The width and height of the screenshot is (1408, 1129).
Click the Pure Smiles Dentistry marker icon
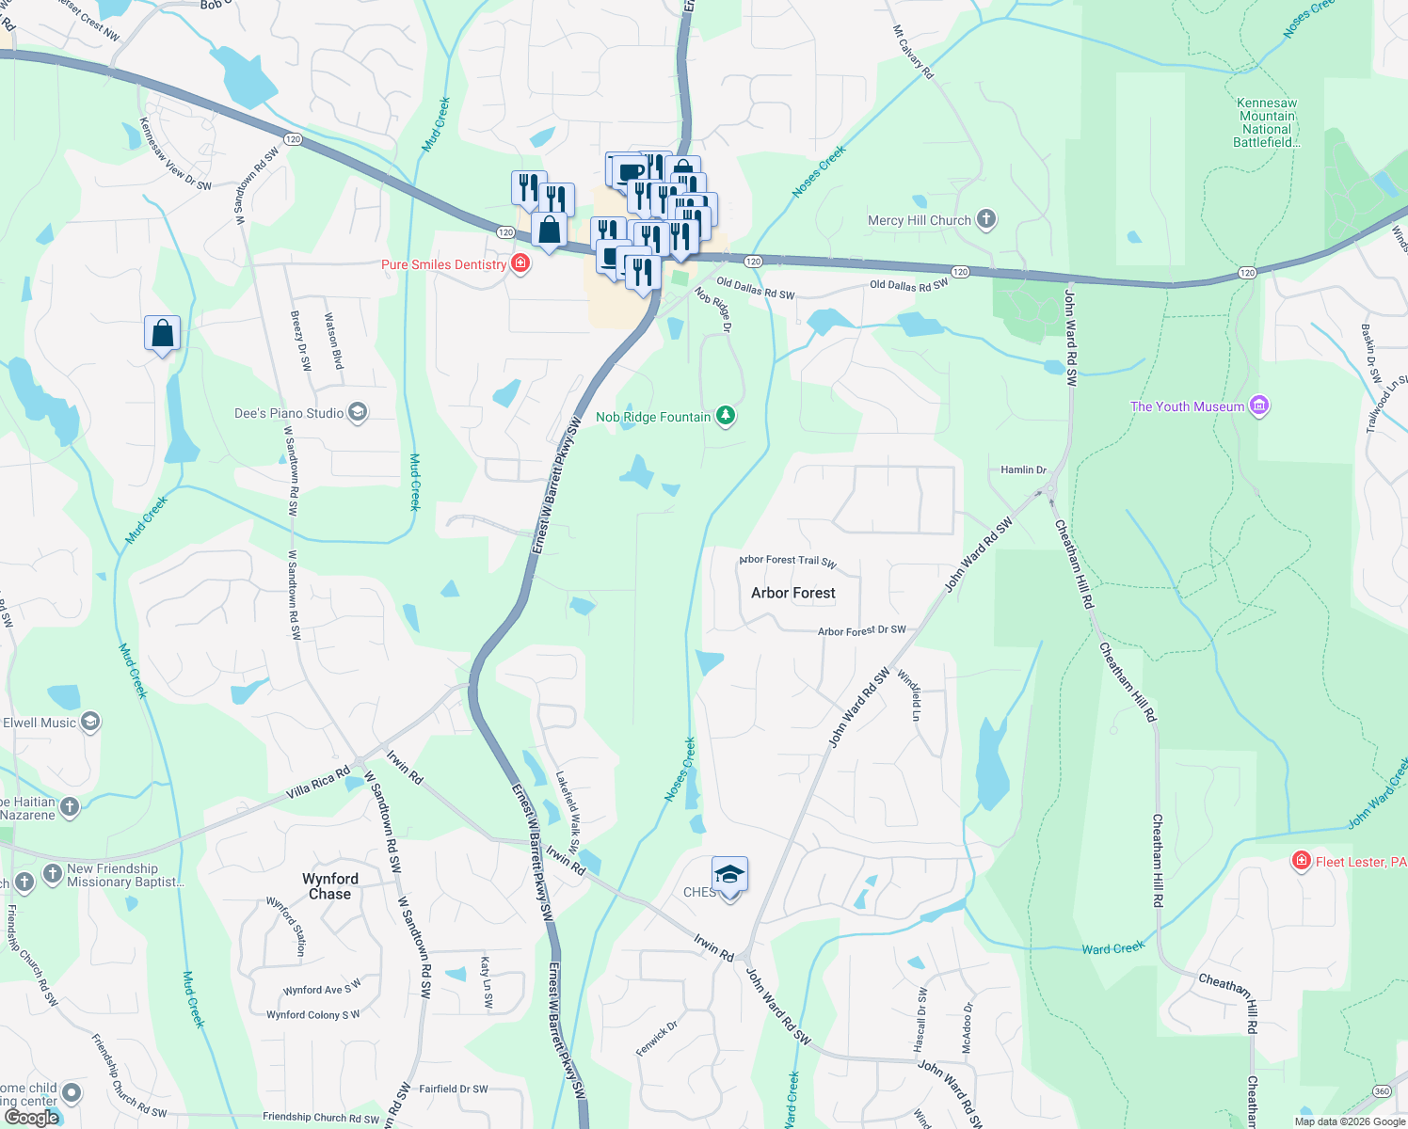coord(520,263)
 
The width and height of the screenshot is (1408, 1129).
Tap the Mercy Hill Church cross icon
coord(985,219)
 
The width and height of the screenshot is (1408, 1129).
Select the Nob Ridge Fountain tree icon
coord(725,416)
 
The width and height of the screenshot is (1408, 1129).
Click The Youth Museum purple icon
coord(1259,405)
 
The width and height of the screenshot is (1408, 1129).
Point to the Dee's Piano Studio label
coord(289,413)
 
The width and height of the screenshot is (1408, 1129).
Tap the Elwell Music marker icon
coord(90,722)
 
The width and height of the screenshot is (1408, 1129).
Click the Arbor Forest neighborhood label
coord(792,593)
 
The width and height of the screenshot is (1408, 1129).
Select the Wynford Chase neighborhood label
coord(329,886)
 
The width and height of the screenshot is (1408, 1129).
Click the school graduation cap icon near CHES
coord(729,876)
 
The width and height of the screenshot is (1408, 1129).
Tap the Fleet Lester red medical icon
coord(1302,861)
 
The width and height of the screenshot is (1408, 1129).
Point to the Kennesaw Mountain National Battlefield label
coord(1267,122)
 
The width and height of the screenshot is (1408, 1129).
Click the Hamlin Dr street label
coord(1023,469)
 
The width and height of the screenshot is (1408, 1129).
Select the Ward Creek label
coord(1112,948)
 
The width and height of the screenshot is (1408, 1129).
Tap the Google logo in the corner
coord(31,1117)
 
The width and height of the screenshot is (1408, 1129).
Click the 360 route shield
coord(1382,1091)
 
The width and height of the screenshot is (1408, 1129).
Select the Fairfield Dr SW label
coord(453,1089)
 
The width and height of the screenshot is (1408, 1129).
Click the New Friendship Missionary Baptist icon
coord(53,874)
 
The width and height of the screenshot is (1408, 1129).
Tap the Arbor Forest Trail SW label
coord(788,561)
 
